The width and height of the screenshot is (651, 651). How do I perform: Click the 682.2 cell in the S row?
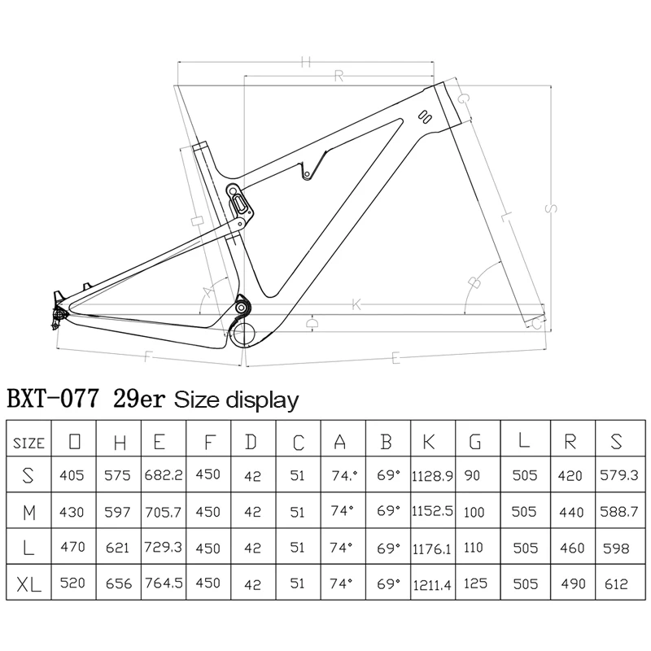(x=164, y=474)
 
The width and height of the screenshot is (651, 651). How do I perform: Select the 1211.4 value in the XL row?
(x=434, y=583)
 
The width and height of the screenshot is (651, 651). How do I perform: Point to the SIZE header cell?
(x=29, y=443)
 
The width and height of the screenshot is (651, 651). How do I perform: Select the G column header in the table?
(x=474, y=442)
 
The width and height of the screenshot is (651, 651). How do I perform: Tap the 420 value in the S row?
(x=570, y=474)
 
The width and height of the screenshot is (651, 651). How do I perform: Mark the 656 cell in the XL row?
(x=119, y=583)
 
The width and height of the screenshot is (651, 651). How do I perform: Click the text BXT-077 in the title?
(x=54, y=400)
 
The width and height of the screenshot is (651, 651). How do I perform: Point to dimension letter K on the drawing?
(x=356, y=305)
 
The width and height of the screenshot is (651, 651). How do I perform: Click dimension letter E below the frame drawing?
(x=395, y=356)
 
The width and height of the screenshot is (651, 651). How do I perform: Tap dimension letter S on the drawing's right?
(x=551, y=209)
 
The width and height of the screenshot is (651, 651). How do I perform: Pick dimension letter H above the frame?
(x=307, y=62)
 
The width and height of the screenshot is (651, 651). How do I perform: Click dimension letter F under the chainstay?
(x=147, y=356)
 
